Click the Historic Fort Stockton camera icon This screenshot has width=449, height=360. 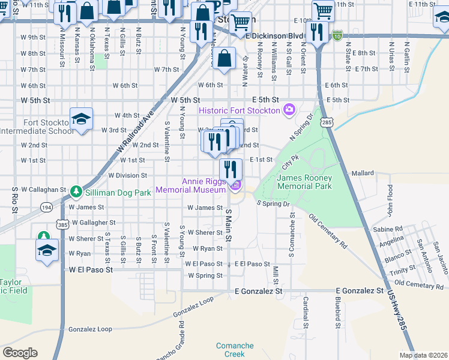coord(289,109)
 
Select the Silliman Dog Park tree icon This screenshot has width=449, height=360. coord(76,191)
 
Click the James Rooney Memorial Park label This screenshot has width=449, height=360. coord(305,182)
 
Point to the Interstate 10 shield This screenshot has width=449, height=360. coord(339,35)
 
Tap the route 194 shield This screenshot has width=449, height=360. coord(46,206)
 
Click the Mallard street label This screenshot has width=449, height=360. coord(363,173)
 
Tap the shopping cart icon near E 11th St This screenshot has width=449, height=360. coord(323,10)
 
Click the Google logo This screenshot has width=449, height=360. coord(20,353)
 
